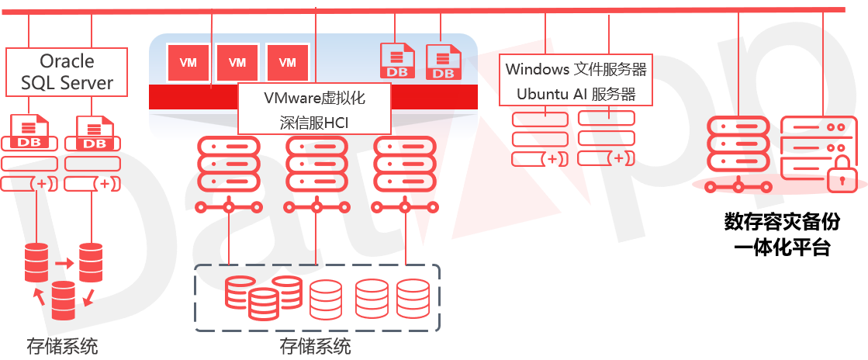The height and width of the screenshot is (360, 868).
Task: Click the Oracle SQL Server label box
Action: pyautogui.click(x=67, y=71)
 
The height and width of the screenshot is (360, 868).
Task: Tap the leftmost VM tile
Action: pyautogui.click(x=188, y=63)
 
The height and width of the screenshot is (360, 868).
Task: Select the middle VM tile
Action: pyautogui.click(x=237, y=63)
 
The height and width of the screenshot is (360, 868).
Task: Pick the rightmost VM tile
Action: pyautogui.click(x=287, y=63)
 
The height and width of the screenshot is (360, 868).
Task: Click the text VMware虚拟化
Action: pyautogui.click(x=314, y=99)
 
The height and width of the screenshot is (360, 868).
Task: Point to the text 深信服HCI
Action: pyautogui.click(x=314, y=121)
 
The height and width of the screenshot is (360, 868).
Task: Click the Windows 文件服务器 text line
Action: pyautogui.click(x=576, y=69)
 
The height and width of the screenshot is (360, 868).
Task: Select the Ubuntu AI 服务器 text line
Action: pyautogui.click(x=576, y=94)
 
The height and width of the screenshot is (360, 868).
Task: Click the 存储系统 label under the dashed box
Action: pyautogui.click(x=315, y=346)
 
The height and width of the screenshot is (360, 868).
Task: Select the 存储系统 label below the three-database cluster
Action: pyautogui.click(x=62, y=346)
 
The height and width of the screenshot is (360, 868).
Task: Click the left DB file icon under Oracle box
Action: pyautogui.click(x=30, y=133)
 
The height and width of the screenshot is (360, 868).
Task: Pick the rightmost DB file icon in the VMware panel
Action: pyautogui.click(x=444, y=62)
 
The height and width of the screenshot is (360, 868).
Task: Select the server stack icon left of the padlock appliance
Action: pyautogui.click(x=738, y=144)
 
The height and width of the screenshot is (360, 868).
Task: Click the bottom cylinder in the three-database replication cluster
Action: pyautogui.click(x=63, y=301)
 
